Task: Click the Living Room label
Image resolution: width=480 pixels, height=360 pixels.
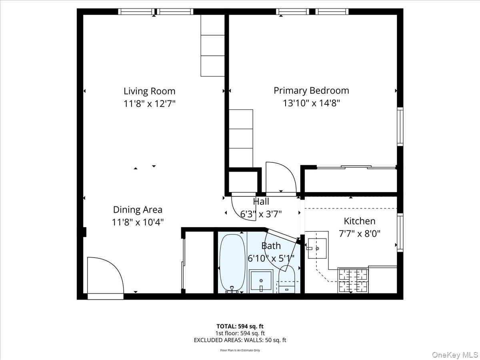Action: click(149, 91)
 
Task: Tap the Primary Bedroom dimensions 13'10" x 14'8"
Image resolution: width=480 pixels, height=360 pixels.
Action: click(311, 103)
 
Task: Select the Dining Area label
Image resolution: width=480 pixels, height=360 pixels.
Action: click(138, 210)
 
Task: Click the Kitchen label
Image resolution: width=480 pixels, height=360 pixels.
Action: click(360, 221)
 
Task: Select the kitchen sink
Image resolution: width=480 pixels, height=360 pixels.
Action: click(317, 248)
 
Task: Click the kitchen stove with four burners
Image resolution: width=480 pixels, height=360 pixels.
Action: click(353, 280)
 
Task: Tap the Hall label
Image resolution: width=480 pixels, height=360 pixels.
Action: click(261, 202)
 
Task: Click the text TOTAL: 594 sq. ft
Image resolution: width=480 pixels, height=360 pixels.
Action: click(240, 326)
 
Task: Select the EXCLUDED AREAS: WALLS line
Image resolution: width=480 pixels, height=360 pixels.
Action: click(240, 340)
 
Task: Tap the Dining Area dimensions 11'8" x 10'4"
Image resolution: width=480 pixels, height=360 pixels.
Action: click(138, 222)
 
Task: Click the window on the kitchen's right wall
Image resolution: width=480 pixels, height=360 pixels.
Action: click(400, 232)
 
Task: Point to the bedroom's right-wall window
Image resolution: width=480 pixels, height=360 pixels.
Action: click(400, 126)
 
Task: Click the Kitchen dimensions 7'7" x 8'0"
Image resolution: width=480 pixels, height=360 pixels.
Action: click(360, 234)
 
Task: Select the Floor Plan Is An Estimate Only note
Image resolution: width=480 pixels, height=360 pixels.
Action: click(240, 350)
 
